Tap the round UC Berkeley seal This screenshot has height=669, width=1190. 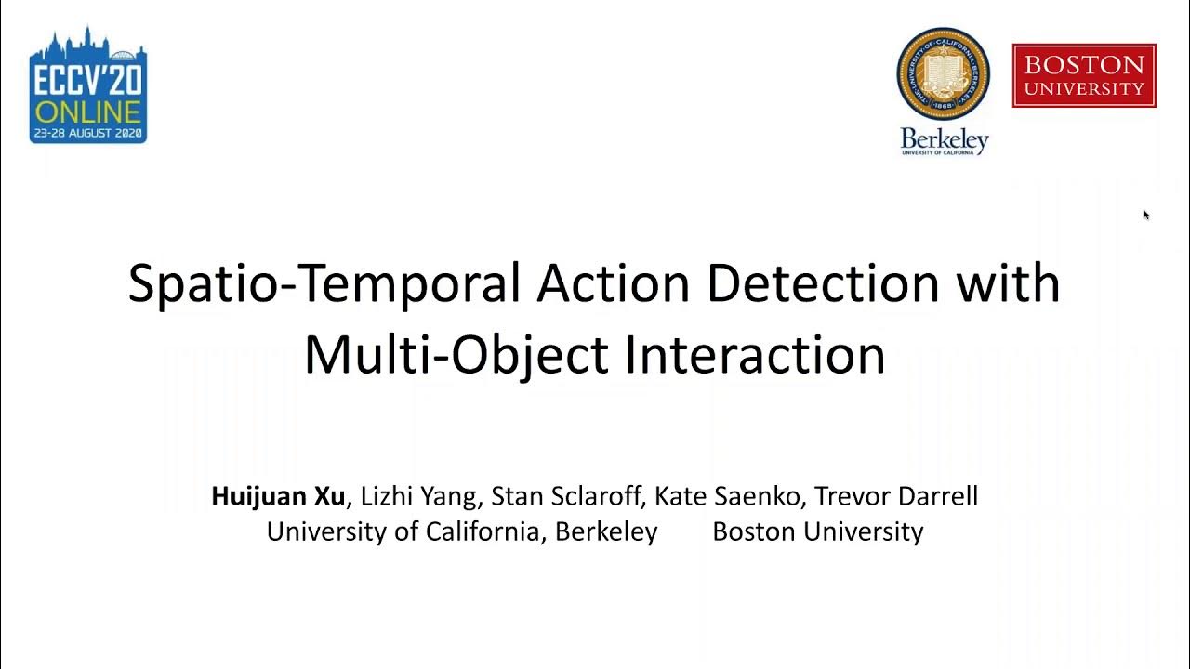[x=943, y=73]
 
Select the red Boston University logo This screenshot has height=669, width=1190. [x=1084, y=75]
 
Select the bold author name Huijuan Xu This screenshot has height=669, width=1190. [x=278, y=496]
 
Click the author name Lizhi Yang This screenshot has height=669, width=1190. [x=417, y=496]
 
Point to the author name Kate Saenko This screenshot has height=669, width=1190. [x=728, y=496]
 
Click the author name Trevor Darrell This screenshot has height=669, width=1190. [x=896, y=496]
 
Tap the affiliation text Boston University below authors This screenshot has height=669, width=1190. [x=817, y=531]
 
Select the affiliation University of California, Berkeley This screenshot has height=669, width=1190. [x=462, y=531]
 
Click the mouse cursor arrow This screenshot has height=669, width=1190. [x=1146, y=215]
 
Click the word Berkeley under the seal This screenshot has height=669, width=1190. [x=944, y=139]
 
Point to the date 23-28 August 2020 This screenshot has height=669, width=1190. [x=88, y=134]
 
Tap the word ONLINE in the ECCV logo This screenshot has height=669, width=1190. [x=88, y=112]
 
